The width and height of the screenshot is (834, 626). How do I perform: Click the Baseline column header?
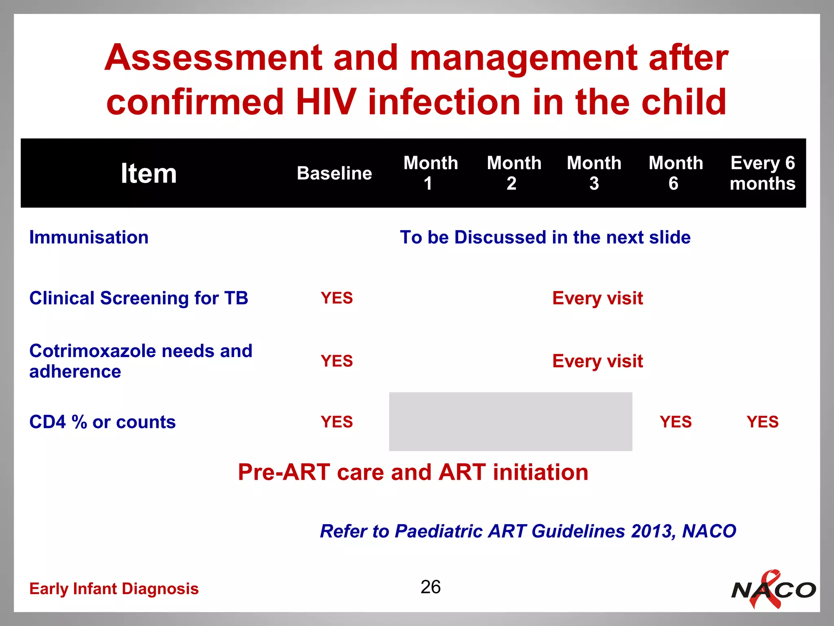click(334, 173)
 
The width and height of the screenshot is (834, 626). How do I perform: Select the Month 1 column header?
click(430, 173)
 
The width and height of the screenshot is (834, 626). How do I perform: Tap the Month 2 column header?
click(514, 173)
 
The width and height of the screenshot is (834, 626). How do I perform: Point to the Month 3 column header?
click(594, 173)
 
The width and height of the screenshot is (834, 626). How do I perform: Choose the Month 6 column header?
click(676, 173)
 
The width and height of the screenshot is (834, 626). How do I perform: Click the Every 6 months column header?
click(762, 173)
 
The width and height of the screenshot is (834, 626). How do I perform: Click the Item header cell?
click(149, 173)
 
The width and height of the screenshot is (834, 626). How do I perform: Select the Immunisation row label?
click(89, 237)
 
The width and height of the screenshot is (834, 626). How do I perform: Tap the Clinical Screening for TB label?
click(138, 298)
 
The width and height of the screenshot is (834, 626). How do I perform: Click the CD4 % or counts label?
click(102, 422)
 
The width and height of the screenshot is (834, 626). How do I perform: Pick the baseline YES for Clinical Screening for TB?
click(336, 298)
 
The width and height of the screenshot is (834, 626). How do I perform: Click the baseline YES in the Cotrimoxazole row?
click(336, 361)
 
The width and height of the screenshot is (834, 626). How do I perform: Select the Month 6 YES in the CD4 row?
click(676, 422)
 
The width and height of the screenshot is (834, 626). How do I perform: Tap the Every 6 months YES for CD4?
click(762, 422)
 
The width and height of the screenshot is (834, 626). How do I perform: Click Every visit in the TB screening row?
click(597, 298)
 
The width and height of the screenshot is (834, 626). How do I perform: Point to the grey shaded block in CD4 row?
click(510, 422)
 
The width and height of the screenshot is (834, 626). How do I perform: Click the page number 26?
click(430, 587)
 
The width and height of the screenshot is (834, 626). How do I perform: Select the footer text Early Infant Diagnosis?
click(114, 589)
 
